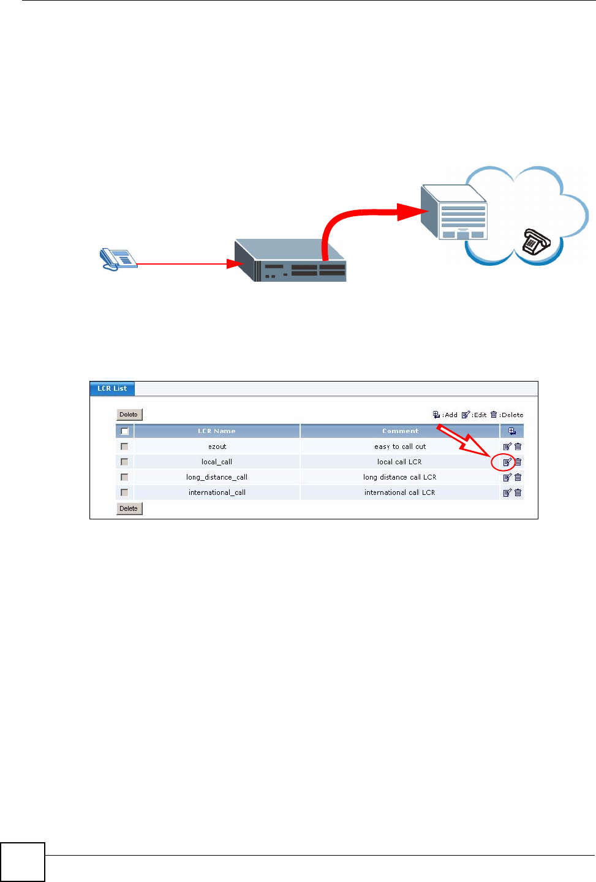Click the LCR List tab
coord(112,388)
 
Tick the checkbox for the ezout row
coord(124,447)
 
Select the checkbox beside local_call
coord(124,462)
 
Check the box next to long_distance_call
coord(124,477)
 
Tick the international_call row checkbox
coord(124,492)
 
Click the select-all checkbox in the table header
coord(124,431)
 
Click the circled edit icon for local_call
coord(507,462)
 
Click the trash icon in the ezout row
coord(518,447)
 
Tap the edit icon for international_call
coord(507,492)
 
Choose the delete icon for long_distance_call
coord(518,477)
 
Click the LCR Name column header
coord(217,431)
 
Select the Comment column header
coord(400,431)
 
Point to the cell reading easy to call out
coord(400,447)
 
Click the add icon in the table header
coord(512,431)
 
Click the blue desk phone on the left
coord(118,258)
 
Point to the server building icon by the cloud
coord(455,212)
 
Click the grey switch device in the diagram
coord(290,262)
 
